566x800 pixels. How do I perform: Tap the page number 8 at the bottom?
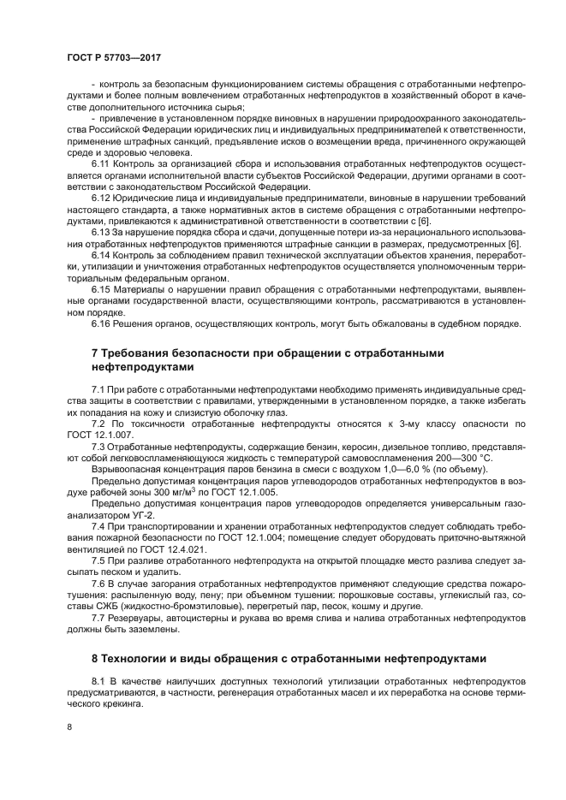coord(69,727)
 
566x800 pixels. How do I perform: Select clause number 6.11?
coord(100,161)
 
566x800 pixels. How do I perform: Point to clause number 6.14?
coord(100,255)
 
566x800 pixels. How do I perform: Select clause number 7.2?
coord(98,424)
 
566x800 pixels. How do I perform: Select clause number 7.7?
coord(98,618)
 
